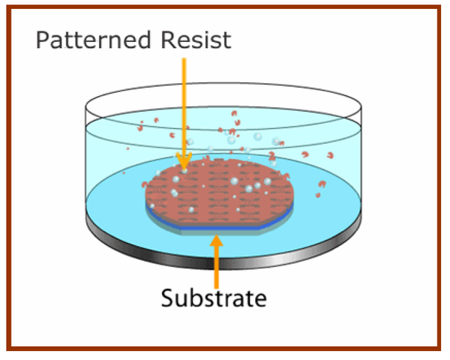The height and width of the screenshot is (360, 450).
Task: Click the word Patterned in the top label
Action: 93,40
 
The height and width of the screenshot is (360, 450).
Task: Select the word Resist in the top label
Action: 196,40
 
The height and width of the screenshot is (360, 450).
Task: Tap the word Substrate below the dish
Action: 214,298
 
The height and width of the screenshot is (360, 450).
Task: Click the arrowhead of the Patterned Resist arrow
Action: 184,161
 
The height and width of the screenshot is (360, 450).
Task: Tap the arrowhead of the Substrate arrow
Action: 217,241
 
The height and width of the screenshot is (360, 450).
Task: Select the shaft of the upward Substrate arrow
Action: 217,268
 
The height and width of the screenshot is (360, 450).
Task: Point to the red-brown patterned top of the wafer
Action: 220,191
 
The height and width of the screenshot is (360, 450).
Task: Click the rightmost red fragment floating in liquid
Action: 330,155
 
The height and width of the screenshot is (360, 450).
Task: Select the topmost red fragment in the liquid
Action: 234,113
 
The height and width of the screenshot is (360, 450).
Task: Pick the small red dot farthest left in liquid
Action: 124,172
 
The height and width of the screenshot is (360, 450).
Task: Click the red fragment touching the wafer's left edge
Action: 144,184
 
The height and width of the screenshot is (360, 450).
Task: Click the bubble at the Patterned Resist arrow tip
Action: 184,171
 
